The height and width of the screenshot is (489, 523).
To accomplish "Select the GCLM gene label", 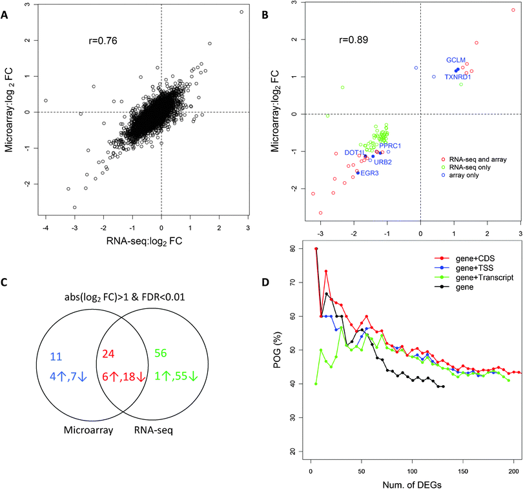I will pos(456,60).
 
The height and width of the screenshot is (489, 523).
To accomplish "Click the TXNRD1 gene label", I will pos(458,77).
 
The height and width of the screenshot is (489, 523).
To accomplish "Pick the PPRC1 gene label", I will pos(391,146).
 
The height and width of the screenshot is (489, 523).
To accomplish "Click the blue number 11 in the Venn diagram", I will pos(56,355).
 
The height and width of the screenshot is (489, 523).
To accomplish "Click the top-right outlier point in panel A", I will pos(241,12).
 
